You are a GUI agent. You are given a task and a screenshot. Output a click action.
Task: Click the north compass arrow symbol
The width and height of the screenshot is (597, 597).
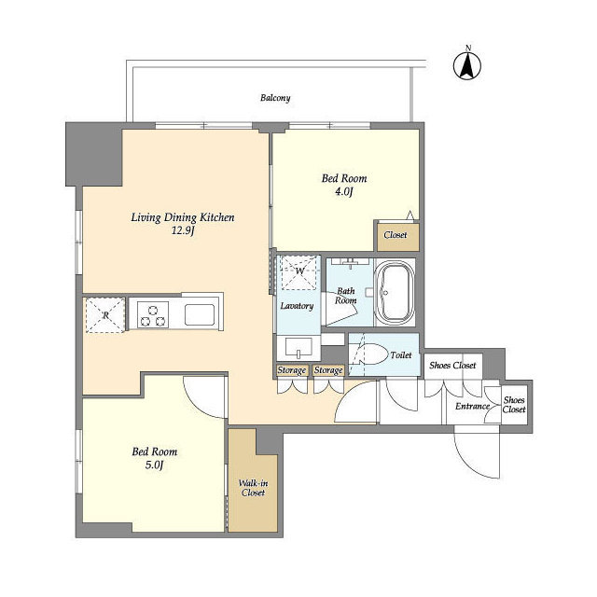point(467,65)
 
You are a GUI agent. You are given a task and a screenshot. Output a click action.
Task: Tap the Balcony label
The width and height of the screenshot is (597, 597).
point(275,98)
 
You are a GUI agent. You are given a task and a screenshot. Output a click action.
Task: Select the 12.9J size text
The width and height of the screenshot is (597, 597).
point(183,230)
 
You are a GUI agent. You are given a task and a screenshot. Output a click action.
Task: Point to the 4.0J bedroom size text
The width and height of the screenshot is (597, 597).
point(344,191)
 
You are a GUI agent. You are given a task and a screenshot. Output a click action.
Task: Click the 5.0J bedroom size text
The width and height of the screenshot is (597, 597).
point(154,465)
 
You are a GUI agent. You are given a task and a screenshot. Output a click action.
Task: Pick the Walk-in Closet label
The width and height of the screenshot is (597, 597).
point(253,488)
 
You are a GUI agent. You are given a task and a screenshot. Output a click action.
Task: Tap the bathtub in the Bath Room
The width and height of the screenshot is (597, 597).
point(395,292)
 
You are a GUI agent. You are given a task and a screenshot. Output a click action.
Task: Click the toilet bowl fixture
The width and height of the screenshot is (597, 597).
point(370,354)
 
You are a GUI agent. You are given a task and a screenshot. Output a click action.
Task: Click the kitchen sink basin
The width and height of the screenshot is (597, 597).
point(199,314)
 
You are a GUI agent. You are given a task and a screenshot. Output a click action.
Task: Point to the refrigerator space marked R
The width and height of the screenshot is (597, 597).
point(105,315)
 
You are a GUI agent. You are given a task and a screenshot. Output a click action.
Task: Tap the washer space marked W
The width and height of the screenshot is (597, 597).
point(298,271)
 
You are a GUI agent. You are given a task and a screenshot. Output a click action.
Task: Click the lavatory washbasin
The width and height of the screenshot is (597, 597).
point(298,348)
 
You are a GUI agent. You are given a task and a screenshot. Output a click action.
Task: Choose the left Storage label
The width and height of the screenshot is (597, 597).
point(292,370)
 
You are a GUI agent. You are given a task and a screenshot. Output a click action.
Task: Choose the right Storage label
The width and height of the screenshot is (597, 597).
point(328,370)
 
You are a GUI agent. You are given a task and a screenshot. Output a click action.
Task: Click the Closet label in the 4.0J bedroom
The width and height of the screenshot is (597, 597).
point(396,235)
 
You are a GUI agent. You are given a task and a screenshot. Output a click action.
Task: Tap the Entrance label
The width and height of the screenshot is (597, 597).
point(472,407)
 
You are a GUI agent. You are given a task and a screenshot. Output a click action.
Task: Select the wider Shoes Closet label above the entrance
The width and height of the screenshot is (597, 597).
point(452,365)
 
